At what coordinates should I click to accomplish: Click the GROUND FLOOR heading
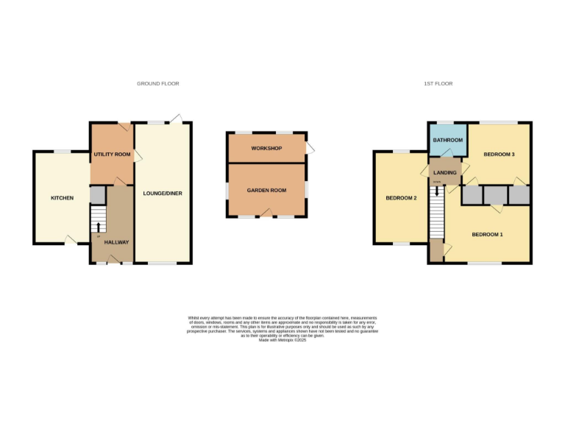157,84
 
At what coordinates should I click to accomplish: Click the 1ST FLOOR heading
438,84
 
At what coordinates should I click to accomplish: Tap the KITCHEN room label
62,198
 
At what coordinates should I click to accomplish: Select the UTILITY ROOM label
112,155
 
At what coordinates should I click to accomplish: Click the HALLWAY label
116,242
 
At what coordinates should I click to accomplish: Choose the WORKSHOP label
266,149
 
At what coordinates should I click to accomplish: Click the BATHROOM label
447,140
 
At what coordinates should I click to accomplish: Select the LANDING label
446,172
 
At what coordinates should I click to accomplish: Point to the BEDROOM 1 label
487,234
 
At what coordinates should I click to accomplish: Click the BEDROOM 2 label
402,198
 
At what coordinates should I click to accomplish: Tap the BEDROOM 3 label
498,155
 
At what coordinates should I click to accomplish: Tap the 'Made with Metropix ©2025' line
282,340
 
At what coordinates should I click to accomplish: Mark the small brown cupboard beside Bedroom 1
437,251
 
